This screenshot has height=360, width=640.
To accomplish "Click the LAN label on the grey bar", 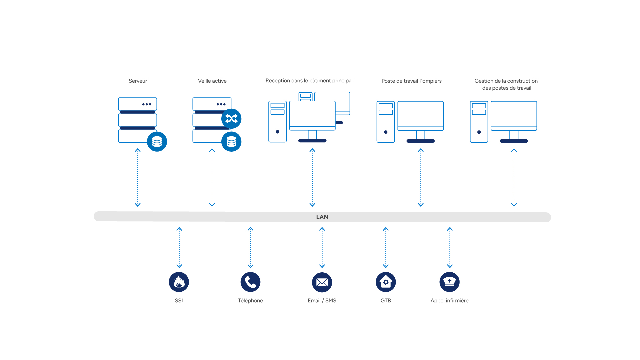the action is [322, 217].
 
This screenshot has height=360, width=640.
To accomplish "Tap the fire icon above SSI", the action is [179, 282].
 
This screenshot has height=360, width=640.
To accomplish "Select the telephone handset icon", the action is [250, 282].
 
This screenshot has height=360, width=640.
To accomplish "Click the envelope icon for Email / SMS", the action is [322, 282].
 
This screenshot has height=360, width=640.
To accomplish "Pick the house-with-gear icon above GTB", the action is [386, 282].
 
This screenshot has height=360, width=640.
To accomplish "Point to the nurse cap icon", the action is [450, 282].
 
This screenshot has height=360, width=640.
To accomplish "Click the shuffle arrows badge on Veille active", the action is [231, 119].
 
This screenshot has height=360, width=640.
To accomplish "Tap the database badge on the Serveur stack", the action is [157, 142].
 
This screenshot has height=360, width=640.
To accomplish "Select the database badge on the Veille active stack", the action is [231, 142].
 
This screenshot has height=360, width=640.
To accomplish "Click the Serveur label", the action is [138, 81].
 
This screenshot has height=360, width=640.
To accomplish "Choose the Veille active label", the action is [212, 81].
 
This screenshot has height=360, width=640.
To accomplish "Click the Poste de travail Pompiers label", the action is [411, 81].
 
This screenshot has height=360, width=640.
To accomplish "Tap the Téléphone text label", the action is [250, 301].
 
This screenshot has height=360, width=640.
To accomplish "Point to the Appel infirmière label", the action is [449, 301].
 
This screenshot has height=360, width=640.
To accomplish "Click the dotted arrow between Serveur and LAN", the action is [137, 178].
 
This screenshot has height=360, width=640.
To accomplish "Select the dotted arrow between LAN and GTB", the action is [386, 248].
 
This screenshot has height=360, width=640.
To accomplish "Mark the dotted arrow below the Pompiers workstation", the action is [421, 178].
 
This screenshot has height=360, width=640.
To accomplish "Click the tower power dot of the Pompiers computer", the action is [386, 132].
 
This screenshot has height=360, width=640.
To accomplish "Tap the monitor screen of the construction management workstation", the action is [514, 114].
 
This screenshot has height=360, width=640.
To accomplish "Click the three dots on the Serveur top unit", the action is [147, 104].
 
